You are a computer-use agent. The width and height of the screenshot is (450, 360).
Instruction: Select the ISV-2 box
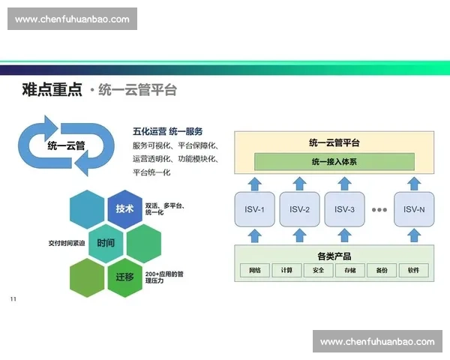tap(300, 209)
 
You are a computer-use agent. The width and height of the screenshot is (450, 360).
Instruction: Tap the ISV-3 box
tap(344, 209)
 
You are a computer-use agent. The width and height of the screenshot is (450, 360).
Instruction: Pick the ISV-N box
tap(414, 209)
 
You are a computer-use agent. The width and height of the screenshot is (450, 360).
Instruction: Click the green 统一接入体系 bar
tap(334, 161)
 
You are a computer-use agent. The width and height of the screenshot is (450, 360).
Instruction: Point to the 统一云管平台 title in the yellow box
tap(334, 142)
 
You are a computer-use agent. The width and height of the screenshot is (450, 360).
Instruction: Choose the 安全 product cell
tap(319, 270)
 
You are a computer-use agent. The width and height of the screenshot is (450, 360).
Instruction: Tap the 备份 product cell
tap(382, 270)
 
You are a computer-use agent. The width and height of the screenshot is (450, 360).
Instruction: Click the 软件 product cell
tap(413, 270)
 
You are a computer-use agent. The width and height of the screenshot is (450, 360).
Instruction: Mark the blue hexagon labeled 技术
tap(124, 208)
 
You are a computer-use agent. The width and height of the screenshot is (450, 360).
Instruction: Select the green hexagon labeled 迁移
tap(124, 277)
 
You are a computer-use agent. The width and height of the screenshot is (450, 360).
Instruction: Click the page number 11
tap(13, 300)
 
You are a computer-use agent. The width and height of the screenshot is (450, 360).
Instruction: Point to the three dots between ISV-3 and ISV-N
tap(379, 209)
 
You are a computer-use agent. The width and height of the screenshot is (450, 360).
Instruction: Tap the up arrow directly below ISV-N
tap(414, 235)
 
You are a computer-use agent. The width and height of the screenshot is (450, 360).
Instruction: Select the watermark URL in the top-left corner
tap(72, 19)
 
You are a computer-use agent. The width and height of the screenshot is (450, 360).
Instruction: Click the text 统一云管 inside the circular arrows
tap(66, 145)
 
